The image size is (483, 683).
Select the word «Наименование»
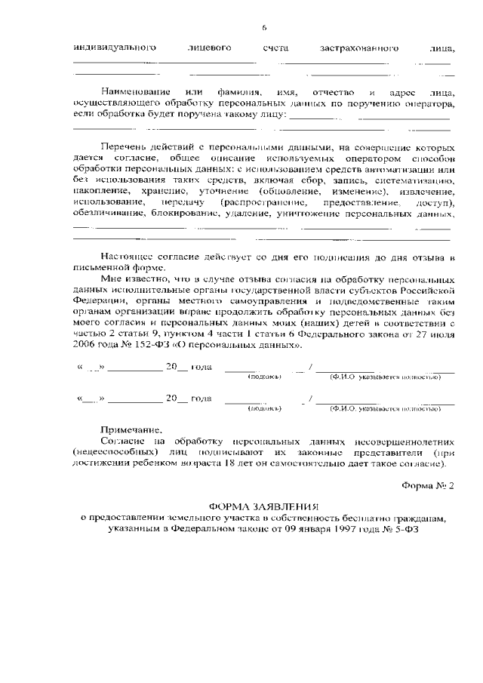point(134,91)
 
